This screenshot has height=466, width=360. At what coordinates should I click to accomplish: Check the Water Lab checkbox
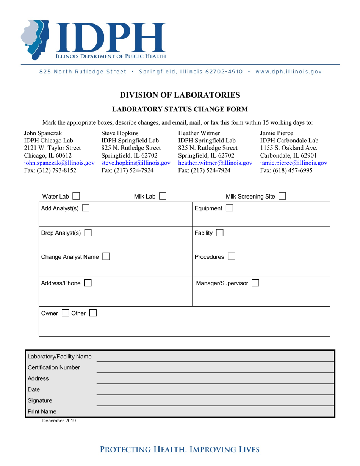click(76, 196)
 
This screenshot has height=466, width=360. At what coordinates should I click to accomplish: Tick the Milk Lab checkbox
click(163, 196)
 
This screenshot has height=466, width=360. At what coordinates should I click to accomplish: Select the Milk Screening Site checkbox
click(282, 196)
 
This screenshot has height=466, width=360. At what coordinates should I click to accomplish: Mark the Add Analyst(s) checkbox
click(86, 208)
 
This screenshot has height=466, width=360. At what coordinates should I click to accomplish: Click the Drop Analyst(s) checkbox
click(88, 233)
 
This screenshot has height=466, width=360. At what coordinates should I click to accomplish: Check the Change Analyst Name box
click(106, 257)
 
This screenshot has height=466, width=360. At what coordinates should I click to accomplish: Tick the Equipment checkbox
click(229, 208)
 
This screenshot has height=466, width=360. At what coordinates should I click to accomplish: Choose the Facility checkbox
click(220, 233)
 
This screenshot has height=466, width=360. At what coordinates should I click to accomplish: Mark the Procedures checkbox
click(231, 257)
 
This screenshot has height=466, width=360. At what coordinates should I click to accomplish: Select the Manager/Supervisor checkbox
click(255, 283)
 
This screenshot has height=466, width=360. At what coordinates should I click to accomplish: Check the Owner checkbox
click(65, 313)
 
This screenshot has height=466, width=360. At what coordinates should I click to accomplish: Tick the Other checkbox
click(93, 313)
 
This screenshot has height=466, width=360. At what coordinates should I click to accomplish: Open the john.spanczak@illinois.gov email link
click(59, 163)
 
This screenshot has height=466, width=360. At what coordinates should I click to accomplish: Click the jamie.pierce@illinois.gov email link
click(293, 163)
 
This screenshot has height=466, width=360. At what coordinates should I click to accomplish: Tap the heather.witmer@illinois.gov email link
click(215, 163)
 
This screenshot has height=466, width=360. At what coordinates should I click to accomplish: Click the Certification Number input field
click(215, 367)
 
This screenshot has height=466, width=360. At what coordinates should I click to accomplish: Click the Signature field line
click(215, 400)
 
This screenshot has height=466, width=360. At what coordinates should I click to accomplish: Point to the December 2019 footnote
click(59, 421)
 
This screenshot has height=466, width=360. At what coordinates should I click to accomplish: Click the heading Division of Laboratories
click(180, 95)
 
